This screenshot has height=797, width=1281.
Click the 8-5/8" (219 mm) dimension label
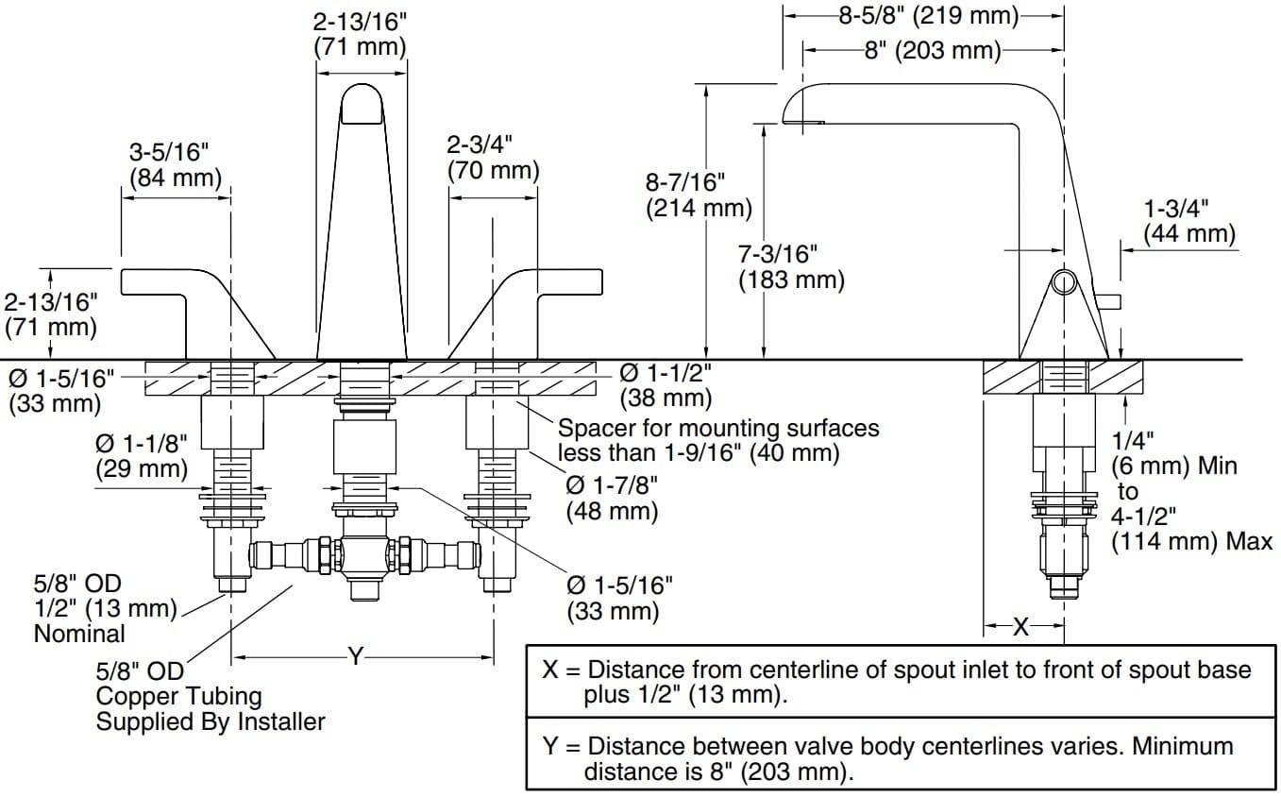[x=929, y=16]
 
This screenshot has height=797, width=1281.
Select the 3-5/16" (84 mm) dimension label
[x=175, y=163]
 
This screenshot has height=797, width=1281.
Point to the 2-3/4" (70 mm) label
[x=493, y=157]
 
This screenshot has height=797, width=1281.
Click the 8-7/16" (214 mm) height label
[x=699, y=194]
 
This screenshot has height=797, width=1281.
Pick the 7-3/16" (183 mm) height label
[x=791, y=265]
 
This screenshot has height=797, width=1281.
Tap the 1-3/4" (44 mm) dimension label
[x=1188, y=220]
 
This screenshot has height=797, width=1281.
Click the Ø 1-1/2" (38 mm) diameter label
[x=666, y=385]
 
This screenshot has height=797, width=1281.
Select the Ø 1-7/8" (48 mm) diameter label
[x=612, y=497]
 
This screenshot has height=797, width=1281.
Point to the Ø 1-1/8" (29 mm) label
[x=142, y=454]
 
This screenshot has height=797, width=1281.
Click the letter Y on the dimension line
[x=355, y=655]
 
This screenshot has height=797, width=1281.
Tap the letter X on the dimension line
[x=1020, y=625]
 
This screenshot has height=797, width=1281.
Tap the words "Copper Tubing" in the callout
[x=178, y=697]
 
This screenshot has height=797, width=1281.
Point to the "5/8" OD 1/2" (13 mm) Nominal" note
[x=104, y=609]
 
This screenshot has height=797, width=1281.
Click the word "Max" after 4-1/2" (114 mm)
[x=1248, y=542]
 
